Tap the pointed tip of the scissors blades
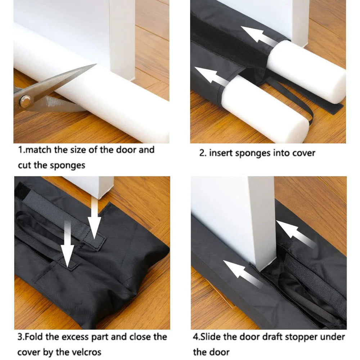pos(95,65)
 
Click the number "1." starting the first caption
pos(22,150)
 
